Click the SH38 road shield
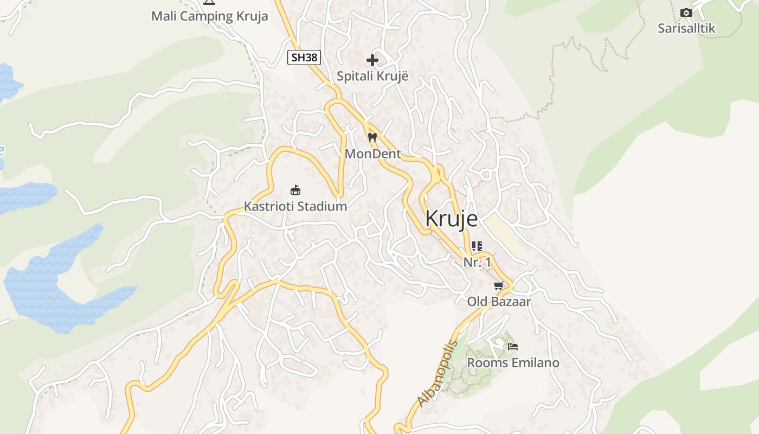click(304, 58)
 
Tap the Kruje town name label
click(452, 219)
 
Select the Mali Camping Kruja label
click(209, 16)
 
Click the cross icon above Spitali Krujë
click(372, 60)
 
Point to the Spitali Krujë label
click(372, 76)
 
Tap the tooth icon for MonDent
click(372, 138)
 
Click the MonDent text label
click(373, 154)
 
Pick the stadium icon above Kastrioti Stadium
click(295, 190)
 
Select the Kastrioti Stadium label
click(295, 207)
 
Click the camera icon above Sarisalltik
click(686, 12)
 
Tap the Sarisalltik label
click(686, 28)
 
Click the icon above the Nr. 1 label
click(477, 246)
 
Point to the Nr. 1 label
click(477, 262)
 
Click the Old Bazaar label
click(499, 302)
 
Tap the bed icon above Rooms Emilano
click(513, 346)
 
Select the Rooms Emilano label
click(513, 362)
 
